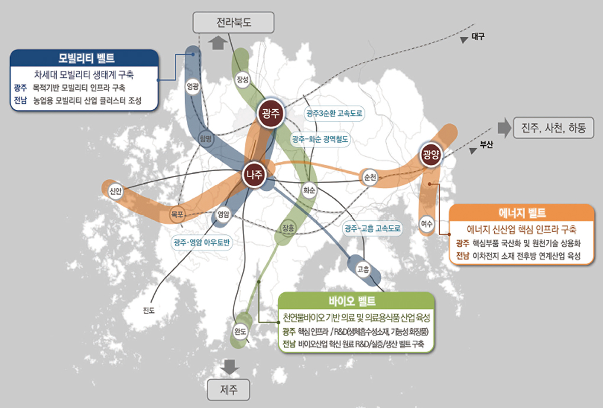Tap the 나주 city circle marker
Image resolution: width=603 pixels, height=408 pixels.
coord(256,174)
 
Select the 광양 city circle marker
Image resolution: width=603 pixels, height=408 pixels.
coord(431,155)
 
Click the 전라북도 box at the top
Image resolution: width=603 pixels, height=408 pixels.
coord(234,23)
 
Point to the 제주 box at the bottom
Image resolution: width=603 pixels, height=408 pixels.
coord(228,390)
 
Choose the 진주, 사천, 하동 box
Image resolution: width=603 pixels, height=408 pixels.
coord(553,128)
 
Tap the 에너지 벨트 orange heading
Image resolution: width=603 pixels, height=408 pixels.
coord(521,213)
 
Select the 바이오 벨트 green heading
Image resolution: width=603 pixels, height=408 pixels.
coord(356,301)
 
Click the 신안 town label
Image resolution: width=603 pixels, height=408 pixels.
coord(115,191)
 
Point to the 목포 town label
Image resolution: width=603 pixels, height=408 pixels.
coord(177,213)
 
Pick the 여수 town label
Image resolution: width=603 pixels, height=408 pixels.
coord(427,224)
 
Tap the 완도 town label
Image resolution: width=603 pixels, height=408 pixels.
coord(240,332)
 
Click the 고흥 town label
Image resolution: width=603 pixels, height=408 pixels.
coord(363,269)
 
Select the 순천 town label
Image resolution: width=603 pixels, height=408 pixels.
coord(370,177)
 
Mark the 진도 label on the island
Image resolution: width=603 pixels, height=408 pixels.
coord(149,309)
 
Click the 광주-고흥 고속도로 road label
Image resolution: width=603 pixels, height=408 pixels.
coord(373,227)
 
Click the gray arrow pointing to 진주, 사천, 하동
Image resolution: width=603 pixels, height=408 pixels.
coord(504,128)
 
